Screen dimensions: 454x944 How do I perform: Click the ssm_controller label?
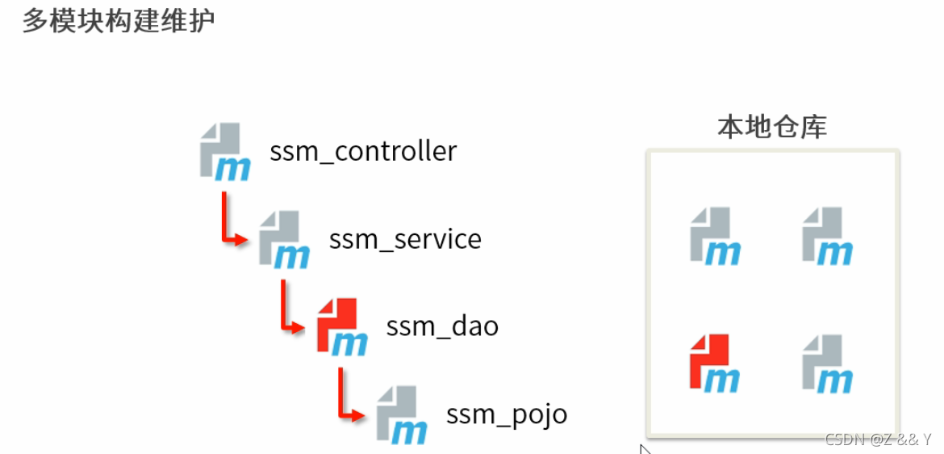(x=363, y=151)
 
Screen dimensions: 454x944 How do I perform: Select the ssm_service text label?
(x=405, y=239)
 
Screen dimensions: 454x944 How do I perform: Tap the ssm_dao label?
(x=442, y=326)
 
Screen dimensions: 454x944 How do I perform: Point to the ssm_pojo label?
(x=507, y=414)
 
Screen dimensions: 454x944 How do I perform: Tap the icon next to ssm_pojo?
(x=401, y=414)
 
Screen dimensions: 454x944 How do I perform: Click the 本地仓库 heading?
(x=772, y=127)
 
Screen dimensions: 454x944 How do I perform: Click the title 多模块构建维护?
(x=119, y=20)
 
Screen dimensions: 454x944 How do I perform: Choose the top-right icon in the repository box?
(x=827, y=236)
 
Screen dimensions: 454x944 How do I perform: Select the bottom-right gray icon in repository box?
(x=827, y=363)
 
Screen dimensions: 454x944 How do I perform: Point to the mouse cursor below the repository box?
(x=645, y=448)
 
